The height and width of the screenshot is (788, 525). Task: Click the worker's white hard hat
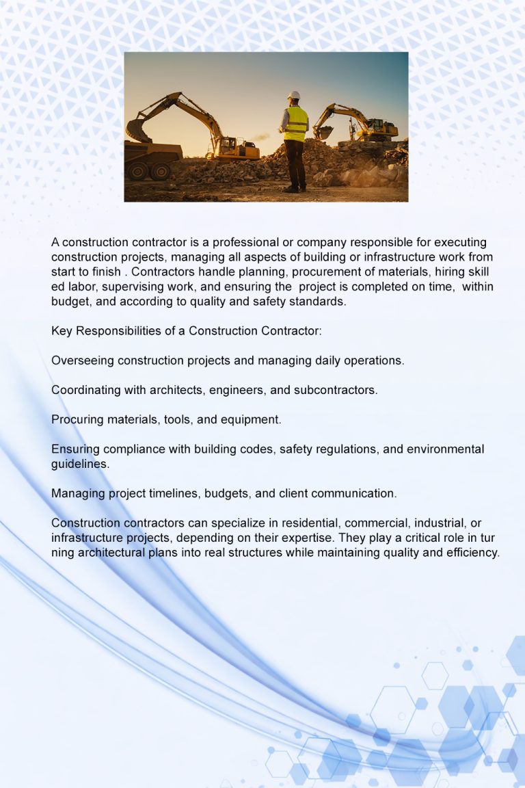point(294,95)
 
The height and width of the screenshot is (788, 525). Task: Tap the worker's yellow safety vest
point(296,124)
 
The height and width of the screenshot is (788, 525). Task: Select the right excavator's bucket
point(323,132)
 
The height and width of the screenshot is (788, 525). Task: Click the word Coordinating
point(86,390)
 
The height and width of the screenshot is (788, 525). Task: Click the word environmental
point(445,449)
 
